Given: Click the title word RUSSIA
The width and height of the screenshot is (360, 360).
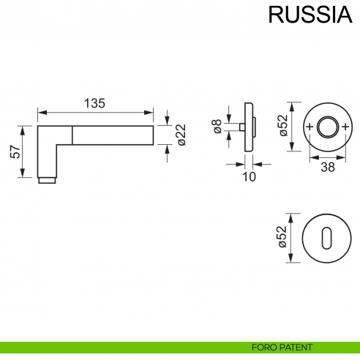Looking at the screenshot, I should click(x=307, y=15).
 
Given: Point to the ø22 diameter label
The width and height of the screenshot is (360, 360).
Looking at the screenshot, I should click(x=181, y=135).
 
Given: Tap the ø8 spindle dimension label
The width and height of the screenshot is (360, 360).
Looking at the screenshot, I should click(x=217, y=127).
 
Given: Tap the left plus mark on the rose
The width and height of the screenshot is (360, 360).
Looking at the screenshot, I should click(x=308, y=127).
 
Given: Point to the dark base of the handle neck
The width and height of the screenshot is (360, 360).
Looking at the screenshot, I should click(x=47, y=180).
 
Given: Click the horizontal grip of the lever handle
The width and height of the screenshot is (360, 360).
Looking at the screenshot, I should click(x=113, y=135).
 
